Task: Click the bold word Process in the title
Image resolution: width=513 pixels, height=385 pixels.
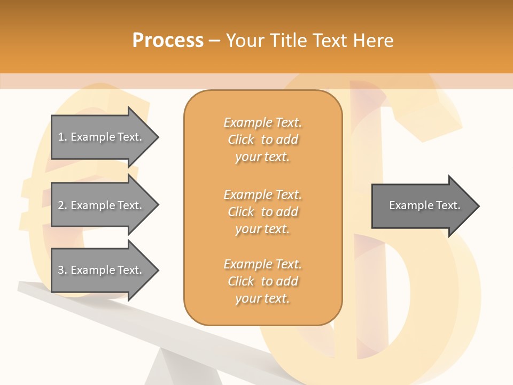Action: pos(168,41)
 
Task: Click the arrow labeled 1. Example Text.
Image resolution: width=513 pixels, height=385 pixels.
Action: pos(102,137)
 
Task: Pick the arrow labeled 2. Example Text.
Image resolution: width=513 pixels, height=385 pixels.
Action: pos(102,205)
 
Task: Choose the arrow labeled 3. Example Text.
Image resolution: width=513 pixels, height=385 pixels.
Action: pos(102,270)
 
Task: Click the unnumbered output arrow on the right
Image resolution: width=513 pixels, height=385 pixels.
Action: pos(422,206)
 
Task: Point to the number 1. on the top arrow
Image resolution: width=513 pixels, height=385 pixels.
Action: pos(63,137)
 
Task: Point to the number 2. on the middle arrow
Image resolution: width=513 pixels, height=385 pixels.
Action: pos(63,205)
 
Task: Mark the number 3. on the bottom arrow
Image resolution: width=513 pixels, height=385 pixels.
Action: pos(63,270)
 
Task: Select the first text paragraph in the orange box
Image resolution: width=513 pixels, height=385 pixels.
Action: pos(262,140)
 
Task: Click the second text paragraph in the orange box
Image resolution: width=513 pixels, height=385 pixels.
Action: pos(262,212)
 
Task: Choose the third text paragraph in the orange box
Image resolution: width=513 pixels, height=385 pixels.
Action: pos(262,281)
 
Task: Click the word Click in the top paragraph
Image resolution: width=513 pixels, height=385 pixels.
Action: pos(241,140)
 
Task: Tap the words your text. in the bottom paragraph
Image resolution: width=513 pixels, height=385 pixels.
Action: pos(262,299)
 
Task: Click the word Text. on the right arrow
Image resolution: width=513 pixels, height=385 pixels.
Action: pos(448,205)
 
